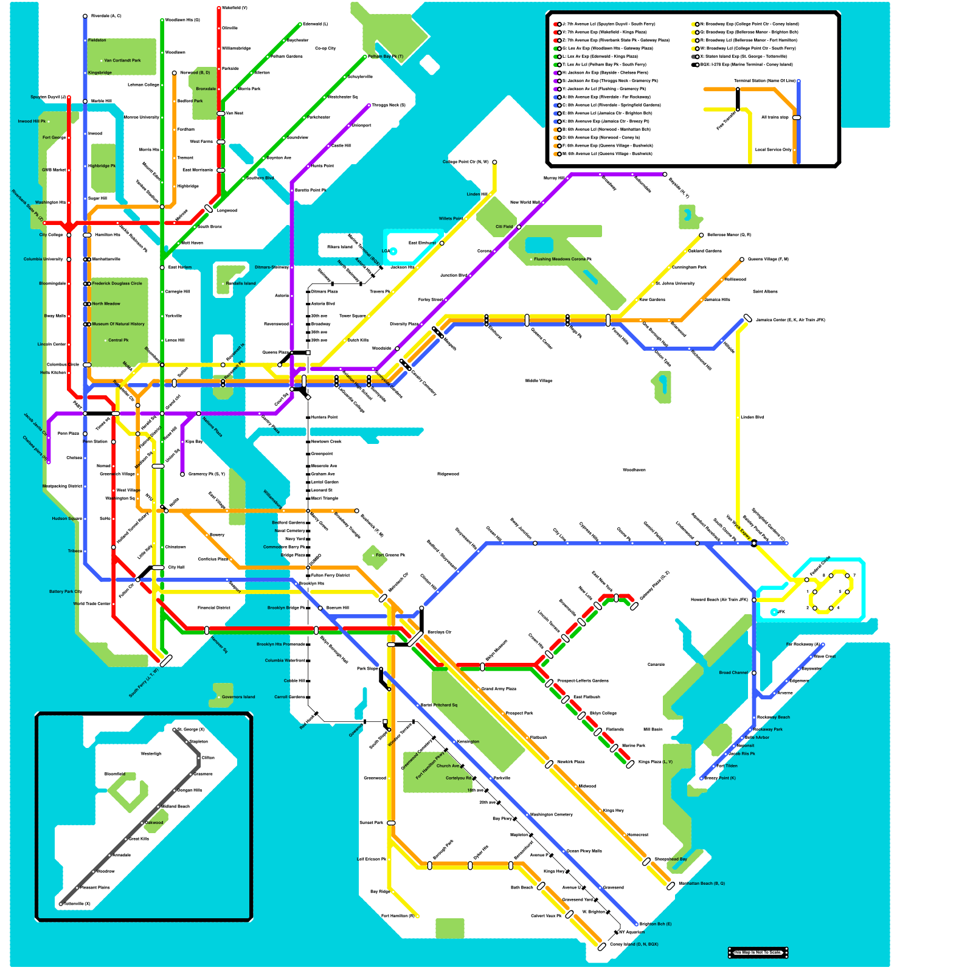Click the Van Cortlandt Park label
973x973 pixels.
tap(122, 60)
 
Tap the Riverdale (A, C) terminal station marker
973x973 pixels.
tap(85, 16)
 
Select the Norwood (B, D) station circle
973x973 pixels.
tap(175, 73)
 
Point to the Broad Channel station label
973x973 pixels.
tap(733, 673)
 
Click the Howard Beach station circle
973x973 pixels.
tap(754, 600)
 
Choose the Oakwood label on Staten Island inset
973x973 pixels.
tap(154, 822)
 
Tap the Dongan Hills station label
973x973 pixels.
tap(190, 790)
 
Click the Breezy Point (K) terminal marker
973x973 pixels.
tap(702, 778)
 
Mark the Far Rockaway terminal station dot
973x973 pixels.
tap(823, 645)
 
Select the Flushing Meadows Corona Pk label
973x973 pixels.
tap(563, 259)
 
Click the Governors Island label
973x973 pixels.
tap(238, 697)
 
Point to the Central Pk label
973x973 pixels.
tap(118, 340)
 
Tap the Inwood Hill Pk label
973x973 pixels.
tap(32, 121)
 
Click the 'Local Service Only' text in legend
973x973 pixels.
tap(773, 150)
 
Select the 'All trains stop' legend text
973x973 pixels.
tap(775, 117)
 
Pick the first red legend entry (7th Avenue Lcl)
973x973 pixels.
tap(608, 24)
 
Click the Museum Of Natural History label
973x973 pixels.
tap(118, 324)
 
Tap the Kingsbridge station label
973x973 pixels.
tap(100, 72)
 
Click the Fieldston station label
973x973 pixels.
tap(97, 40)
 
